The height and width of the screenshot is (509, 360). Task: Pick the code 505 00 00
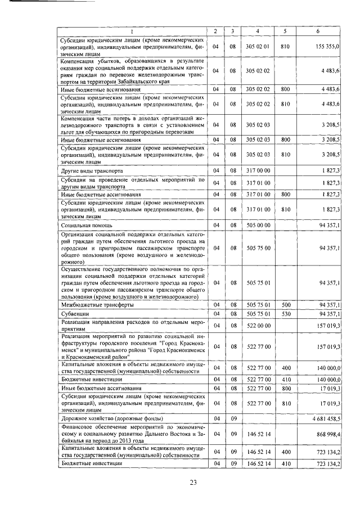258,224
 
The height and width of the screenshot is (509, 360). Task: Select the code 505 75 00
258,247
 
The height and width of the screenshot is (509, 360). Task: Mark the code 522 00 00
258,325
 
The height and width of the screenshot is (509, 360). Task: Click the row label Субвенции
76,313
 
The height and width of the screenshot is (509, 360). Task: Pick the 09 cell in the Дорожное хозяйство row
232,418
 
